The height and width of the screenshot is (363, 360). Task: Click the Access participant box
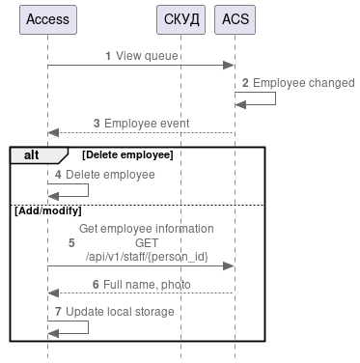coord(48,19)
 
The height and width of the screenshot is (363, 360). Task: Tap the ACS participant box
coord(234,19)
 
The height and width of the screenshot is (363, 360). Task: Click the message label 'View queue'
coord(147,56)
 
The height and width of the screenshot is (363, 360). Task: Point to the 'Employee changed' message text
coord(303,83)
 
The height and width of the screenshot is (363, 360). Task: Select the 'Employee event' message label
coord(147,124)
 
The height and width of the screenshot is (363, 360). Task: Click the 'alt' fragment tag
coord(32,154)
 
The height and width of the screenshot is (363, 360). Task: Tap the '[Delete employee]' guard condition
coord(127,154)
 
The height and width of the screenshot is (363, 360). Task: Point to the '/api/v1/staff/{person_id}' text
coord(146,256)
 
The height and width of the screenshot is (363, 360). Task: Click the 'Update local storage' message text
coord(120,312)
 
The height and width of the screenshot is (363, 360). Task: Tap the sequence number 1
coord(108,56)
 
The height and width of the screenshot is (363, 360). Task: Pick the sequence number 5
coord(71,242)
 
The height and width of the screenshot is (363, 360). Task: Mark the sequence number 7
coord(58,312)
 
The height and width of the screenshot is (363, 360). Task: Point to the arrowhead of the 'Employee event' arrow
coord(53,133)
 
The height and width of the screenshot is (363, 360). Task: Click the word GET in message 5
coord(146,242)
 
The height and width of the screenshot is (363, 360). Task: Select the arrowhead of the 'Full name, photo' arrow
coord(53,293)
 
